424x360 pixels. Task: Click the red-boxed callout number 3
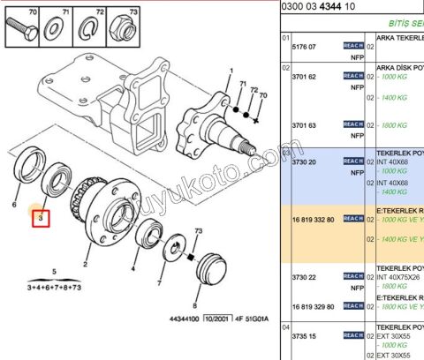(41, 216)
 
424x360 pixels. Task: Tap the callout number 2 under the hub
(86, 263)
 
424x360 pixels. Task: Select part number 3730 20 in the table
(305, 162)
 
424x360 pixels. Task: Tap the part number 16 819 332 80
(310, 218)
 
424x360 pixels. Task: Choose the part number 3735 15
(305, 337)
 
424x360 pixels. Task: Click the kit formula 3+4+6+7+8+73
(54, 288)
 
